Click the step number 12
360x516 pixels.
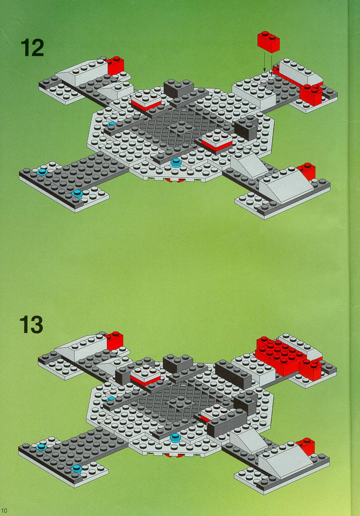32,48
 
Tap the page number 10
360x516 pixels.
4,511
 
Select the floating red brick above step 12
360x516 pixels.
268,41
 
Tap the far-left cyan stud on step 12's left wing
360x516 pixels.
42,171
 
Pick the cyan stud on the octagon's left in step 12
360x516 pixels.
111,124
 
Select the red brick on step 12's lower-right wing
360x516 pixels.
307,171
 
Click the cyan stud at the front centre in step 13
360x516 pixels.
175,438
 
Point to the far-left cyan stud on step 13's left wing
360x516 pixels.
41,447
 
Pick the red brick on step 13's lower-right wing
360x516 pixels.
306,447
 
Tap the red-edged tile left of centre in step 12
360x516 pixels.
146,100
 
